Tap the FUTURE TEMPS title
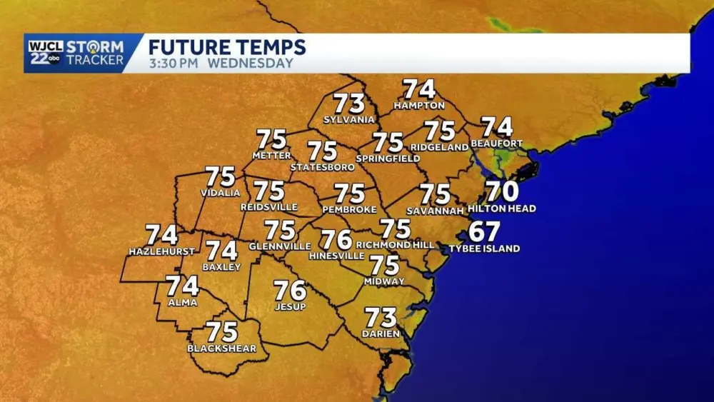(227, 48)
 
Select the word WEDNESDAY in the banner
(251, 64)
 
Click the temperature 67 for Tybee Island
(484, 232)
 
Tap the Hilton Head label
(501, 208)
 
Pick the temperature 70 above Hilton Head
(502, 191)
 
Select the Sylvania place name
(349, 119)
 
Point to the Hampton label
(419, 106)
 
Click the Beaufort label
(496, 144)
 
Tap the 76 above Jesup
(290, 291)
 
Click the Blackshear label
(221, 348)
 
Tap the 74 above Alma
(182, 286)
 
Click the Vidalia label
(220, 193)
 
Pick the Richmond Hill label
(395, 245)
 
